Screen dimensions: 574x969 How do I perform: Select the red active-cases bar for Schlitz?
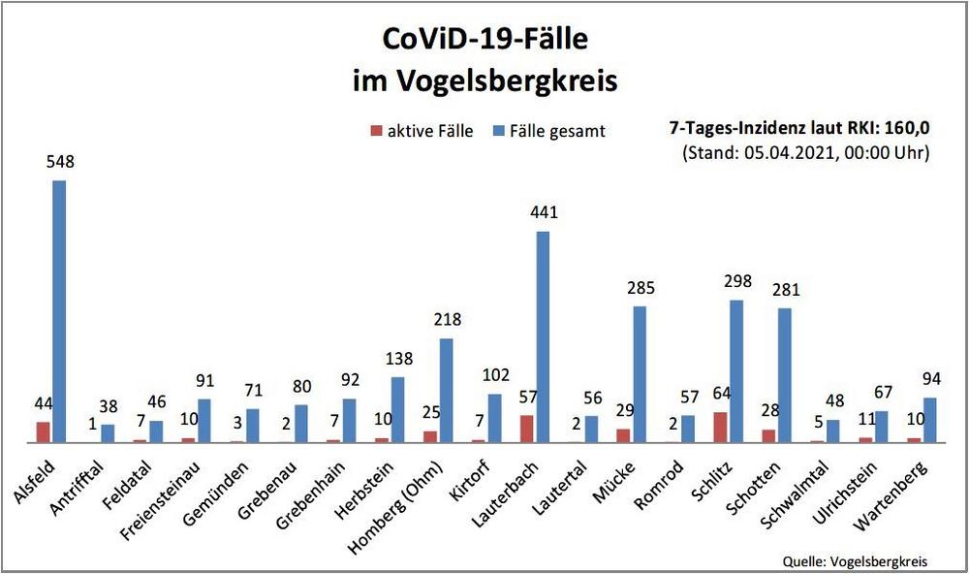[x=720, y=427]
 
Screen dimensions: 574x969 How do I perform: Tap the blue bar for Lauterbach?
[x=543, y=336]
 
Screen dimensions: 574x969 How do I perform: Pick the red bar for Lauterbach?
[x=526, y=429]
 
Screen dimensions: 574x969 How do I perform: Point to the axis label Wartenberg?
[x=890, y=491]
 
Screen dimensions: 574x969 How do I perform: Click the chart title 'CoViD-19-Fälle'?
[x=484, y=41]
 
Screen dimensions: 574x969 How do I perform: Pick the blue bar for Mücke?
[x=640, y=374]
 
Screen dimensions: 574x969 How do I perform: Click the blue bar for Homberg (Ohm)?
[x=446, y=390]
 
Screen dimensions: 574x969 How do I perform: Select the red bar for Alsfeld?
[x=43, y=431]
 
